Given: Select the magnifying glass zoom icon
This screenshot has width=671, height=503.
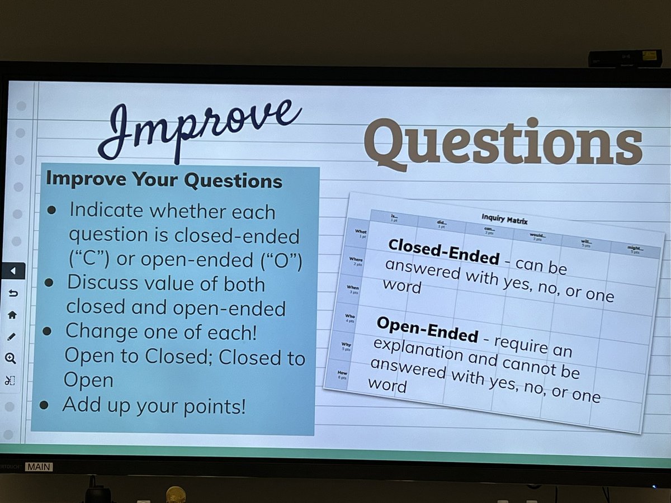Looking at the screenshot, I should tap(12, 359).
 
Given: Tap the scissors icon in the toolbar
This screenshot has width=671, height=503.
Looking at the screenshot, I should tap(12, 381).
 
